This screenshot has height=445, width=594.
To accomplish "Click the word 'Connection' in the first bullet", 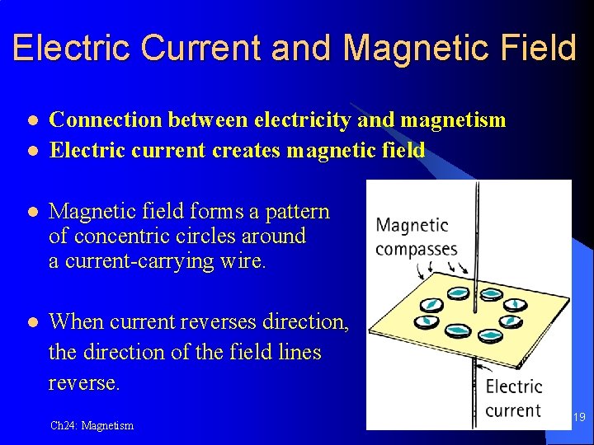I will tap(105, 120).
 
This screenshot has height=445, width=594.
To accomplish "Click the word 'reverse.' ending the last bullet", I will tap(84, 383).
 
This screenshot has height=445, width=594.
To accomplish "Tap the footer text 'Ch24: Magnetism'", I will tap(92, 426).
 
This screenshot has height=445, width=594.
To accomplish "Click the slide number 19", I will tap(579, 418).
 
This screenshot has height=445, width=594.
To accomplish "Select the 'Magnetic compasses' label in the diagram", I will tap(416, 237).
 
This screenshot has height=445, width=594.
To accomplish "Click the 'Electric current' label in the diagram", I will tap(513, 398).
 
